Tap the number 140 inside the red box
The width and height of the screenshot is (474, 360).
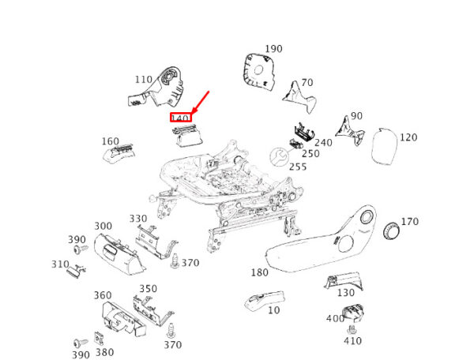[x=181, y=118]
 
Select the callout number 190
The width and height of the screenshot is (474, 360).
[x=273, y=49]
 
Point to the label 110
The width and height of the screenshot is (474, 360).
[x=143, y=80]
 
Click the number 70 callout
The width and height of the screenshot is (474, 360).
[x=307, y=82]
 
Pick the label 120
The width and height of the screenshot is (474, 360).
[x=408, y=137]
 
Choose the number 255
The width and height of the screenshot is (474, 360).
[x=298, y=167]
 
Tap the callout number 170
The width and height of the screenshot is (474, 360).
[x=410, y=221]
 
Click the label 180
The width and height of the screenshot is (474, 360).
[x=259, y=273]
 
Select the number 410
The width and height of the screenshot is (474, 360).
[x=352, y=342]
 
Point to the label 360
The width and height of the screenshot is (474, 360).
[x=103, y=295]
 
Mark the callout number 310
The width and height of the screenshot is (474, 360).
[x=61, y=264]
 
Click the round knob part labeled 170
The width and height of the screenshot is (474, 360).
[x=391, y=231]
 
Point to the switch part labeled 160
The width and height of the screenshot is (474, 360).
[x=118, y=155]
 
